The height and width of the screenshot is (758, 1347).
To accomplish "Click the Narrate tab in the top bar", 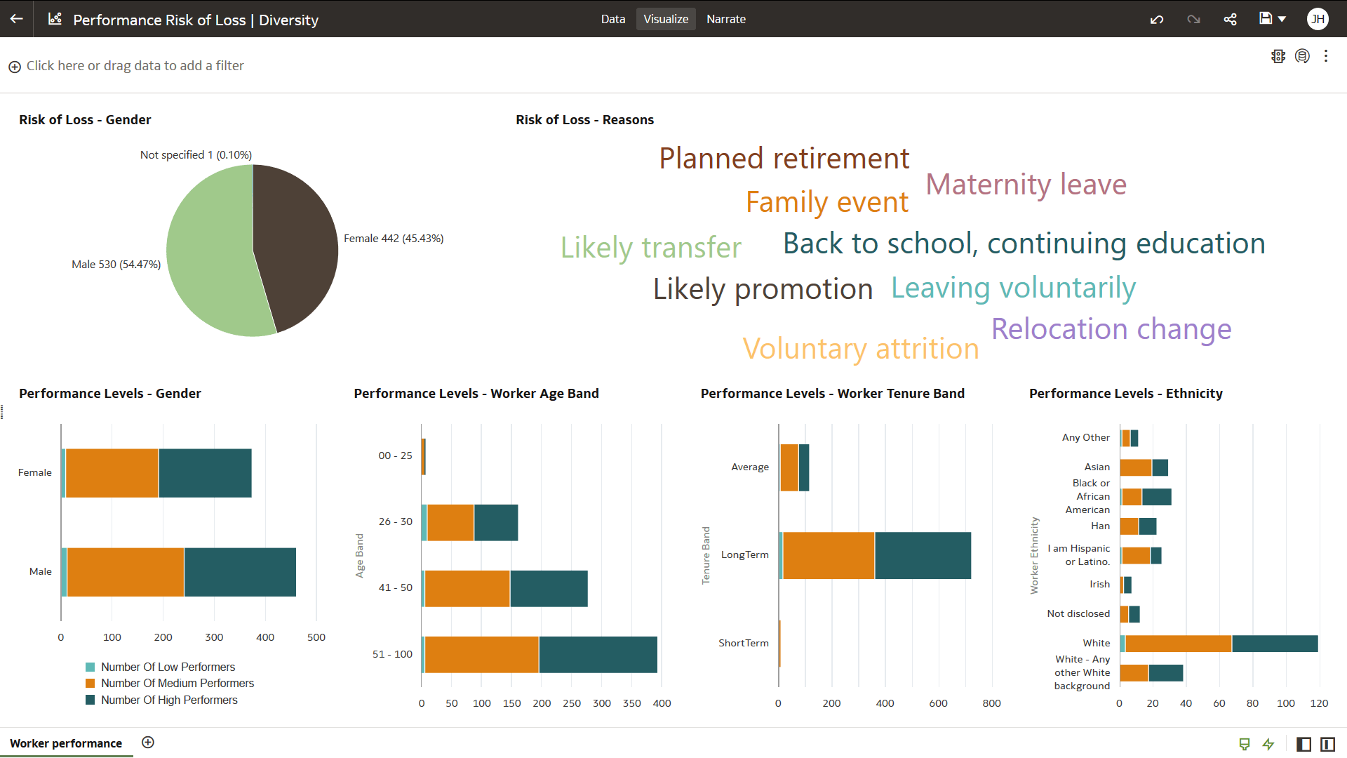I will click(x=725, y=19).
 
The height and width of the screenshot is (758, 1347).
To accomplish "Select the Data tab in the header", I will click(x=612, y=19).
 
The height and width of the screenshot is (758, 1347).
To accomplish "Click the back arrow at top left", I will click(x=17, y=19).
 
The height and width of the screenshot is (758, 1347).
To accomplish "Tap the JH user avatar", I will click(x=1318, y=19).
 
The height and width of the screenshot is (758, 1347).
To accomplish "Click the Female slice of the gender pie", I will click(x=298, y=246).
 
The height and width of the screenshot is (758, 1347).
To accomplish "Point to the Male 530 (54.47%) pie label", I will click(x=116, y=265).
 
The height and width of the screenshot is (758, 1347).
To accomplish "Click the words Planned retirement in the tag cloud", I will click(x=784, y=159).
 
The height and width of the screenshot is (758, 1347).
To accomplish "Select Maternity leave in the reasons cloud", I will click(x=1026, y=185).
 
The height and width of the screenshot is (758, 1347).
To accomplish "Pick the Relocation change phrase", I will click(x=1111, y=329).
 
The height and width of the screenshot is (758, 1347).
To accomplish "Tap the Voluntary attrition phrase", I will click(x=860, y=349).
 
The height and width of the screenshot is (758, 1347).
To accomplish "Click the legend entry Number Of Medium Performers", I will click(x=177, y=684).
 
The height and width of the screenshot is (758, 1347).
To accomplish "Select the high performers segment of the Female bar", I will click(x=205, y=473).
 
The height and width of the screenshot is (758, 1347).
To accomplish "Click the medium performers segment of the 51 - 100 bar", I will click(x=481, y=655).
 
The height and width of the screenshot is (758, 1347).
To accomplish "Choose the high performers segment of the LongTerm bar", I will click(x=923, y=556).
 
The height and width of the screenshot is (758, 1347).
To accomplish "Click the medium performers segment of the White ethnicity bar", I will click(x=1178, y=644).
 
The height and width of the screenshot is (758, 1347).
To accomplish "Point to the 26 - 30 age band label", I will click(x=395, y=521).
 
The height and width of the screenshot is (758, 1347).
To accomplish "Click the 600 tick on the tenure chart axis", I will click(x=938, y=703).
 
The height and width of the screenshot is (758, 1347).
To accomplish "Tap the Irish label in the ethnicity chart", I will click(x=1099, y=584).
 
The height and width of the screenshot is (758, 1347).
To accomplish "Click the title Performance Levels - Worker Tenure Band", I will click(x=832, y=394).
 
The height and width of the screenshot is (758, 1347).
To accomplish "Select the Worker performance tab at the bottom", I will click(x=66, y=743).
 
